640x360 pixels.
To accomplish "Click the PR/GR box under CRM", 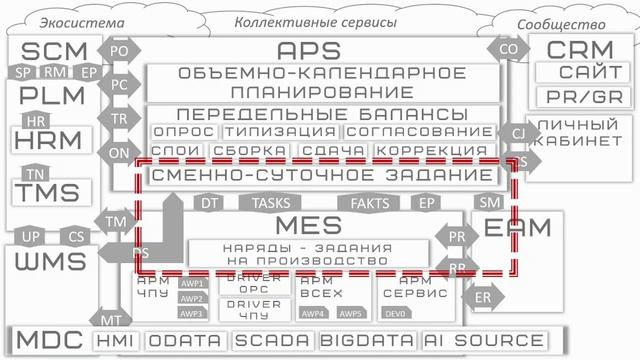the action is click(582, 97).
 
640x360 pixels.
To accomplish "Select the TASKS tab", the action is click(271, 202).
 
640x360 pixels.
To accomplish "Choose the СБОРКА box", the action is click(237, 152).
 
